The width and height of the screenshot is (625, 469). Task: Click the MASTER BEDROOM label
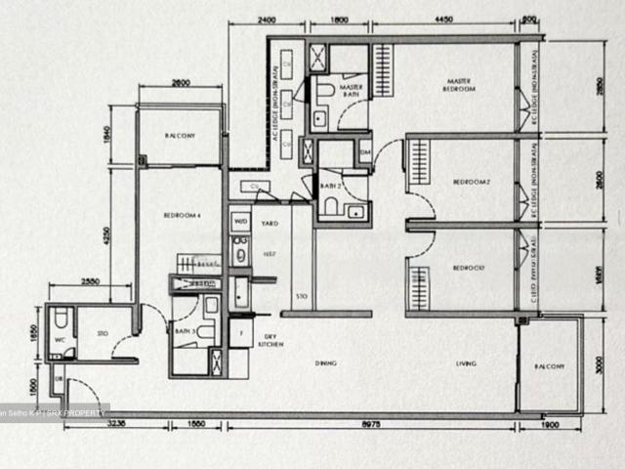click(461, 85)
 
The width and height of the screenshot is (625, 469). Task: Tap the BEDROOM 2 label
click(470, 182)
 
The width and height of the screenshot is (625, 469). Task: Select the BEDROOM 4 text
click(184, 216)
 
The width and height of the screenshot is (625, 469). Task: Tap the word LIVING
click(466, 364)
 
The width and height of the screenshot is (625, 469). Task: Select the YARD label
click(270, 223)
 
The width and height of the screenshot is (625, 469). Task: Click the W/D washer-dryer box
click(240, 223)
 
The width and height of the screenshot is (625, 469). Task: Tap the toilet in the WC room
click(61, 319)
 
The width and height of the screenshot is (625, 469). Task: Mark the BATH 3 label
click(183, 332)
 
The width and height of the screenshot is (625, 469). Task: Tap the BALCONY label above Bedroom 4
click(179, 137)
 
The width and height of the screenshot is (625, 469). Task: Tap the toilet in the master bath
click(324, 92)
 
